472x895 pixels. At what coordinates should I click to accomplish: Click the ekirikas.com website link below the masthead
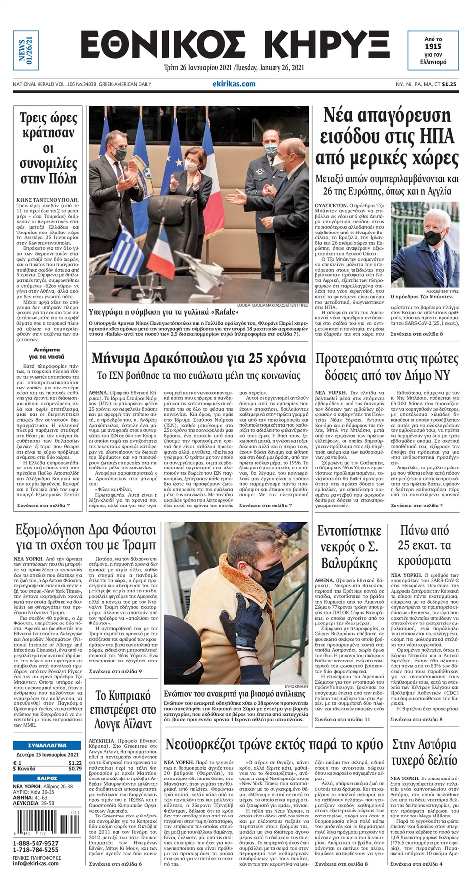coord(234,84)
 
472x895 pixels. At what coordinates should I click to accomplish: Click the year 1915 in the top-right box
coord(433,46)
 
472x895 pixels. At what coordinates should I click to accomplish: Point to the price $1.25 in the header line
coord(449,84)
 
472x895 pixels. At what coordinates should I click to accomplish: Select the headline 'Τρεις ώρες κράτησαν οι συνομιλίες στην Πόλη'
coord(48,148)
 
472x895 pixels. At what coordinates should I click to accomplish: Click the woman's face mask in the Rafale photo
coord(192,167)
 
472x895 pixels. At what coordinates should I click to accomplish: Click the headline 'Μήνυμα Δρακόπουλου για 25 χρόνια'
coord(198,358)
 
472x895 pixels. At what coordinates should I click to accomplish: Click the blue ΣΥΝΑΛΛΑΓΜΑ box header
coord(47,745)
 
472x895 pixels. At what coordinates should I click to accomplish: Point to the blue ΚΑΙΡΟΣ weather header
coord(47,778)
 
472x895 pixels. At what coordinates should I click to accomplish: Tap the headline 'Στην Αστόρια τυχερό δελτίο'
coord(424,752)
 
